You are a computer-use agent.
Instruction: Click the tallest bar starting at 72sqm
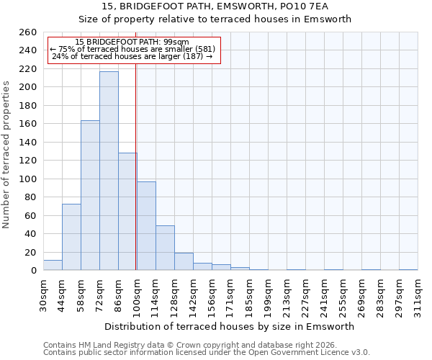(109, 171)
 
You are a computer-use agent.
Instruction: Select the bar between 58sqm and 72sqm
(90, 195)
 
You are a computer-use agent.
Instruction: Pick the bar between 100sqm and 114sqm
(146, 226)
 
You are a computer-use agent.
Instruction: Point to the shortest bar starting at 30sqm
(53, 265)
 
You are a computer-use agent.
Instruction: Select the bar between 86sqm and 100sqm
(127, 212)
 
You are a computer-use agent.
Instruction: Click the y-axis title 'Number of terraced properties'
(7, 154)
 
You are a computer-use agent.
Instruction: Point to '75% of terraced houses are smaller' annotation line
(132, 49)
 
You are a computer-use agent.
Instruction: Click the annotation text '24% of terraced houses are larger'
(132, 56)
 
